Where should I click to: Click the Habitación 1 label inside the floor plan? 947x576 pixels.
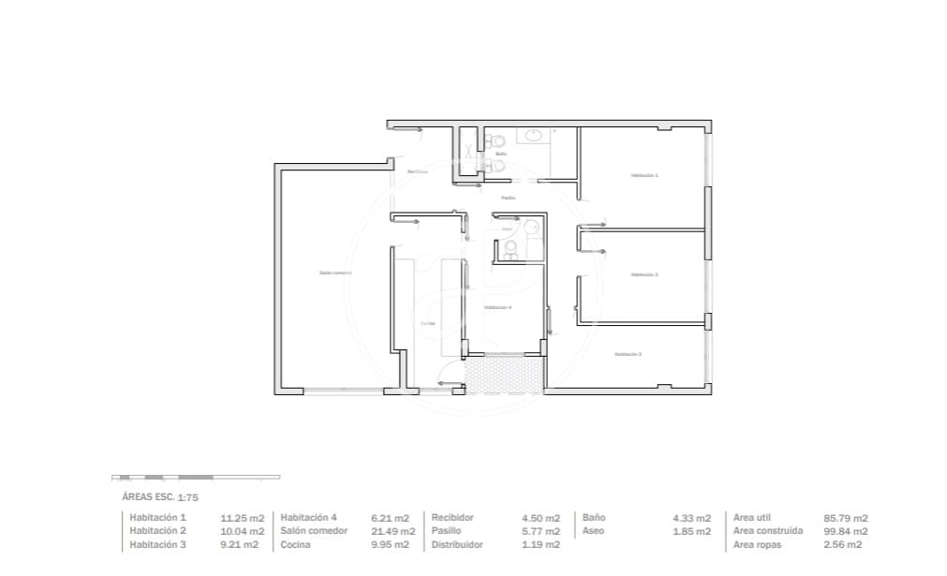click(x=644, y=175)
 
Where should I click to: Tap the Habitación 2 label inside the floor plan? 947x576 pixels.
click(x=644, y=274)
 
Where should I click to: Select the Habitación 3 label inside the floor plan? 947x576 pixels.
click(x=628, y=354)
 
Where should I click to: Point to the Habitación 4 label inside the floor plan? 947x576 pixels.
click(x=497, y=307)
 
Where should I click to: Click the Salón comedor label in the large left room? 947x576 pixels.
click(x=334, y=273)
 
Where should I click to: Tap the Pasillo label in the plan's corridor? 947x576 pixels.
click(x=507, y=198)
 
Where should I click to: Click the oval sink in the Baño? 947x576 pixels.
click(x=535, y=137)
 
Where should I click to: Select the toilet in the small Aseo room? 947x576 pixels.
click(x=510, y=248)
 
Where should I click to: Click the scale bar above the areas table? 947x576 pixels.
click(x=195, y=477)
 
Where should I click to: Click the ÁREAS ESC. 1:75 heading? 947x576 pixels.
click(x=161, y=497)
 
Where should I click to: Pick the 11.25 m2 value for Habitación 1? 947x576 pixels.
click(x=242, y=518)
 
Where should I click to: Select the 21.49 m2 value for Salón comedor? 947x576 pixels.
click(x=392, y=531)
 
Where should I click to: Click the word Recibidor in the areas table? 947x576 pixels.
click(x=452, y=518)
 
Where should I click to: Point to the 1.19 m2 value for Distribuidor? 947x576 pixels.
click(x=540, y=544)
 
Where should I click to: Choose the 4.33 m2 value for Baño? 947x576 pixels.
click(x=691, y=518)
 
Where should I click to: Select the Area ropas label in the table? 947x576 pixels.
click(x=757, y=544)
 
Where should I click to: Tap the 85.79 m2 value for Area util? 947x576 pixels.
click(x=845, y=518)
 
